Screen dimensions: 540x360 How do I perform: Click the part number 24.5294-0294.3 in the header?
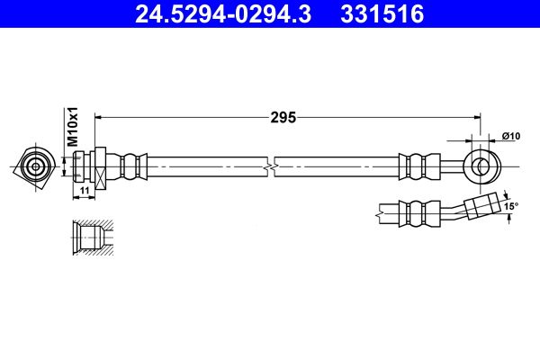(x=223, y=14)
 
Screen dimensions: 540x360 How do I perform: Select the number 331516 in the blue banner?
(x=382, y=14)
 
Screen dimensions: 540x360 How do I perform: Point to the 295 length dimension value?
(x=283, y=118)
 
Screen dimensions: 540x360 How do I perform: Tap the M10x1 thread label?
(x=73, y=126)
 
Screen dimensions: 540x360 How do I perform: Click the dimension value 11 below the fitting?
(x=85, y=191)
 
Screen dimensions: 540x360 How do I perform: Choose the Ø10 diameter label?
(x=511, y=136)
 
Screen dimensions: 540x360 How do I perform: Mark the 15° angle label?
(x=511, y=206)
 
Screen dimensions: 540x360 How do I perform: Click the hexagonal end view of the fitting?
(x=35, y=167)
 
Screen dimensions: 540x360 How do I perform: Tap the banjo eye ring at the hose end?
(x=482, y=167)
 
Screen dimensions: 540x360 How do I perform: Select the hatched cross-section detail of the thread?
(x=93, y=238)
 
